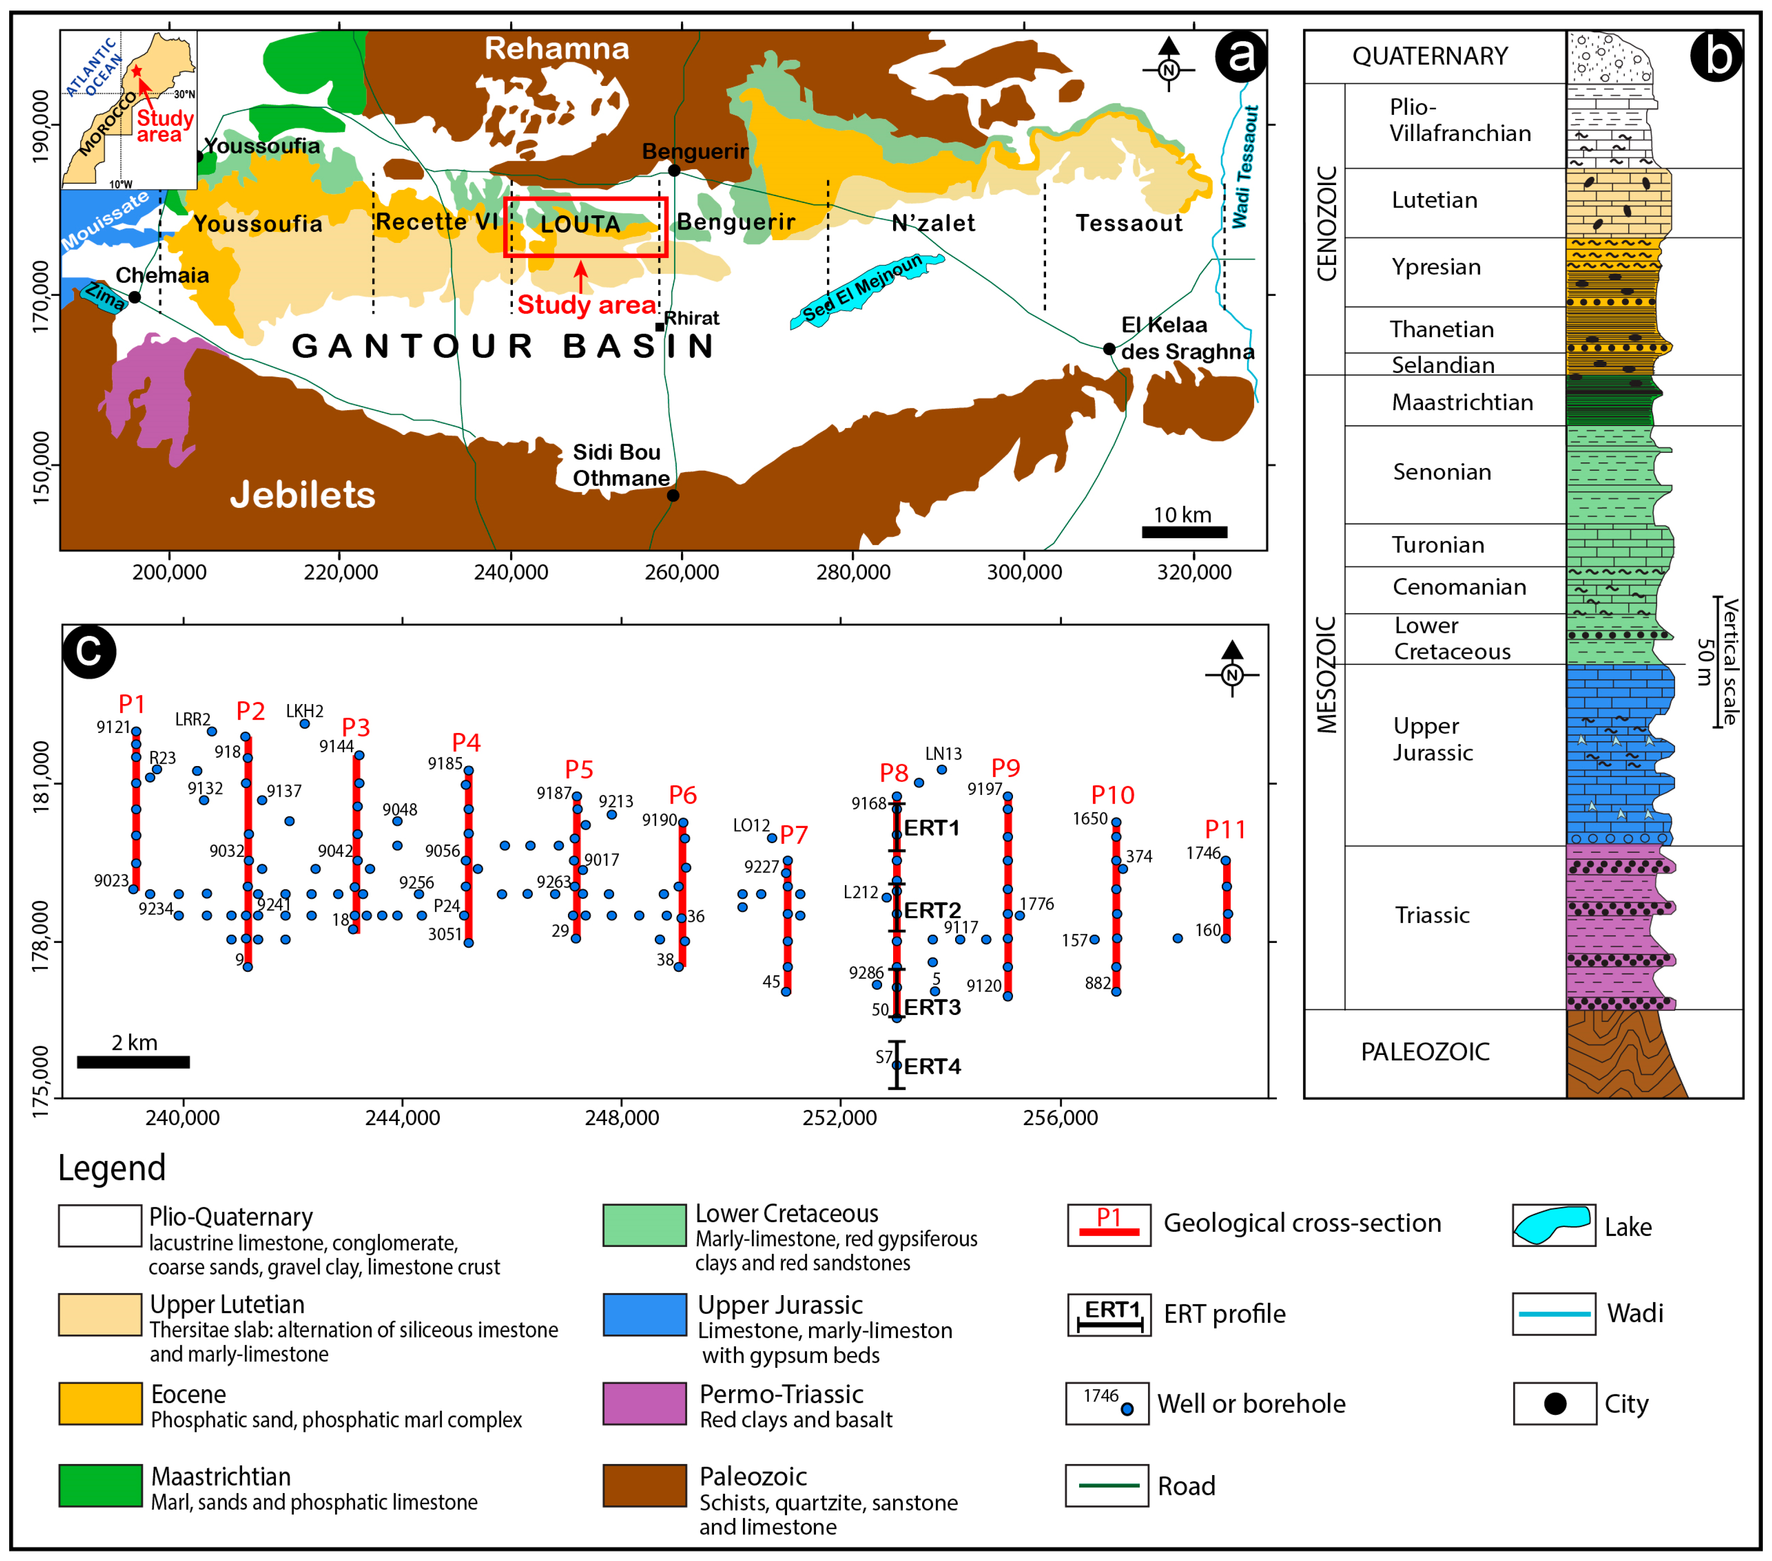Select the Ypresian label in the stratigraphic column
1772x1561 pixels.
[1435, 267]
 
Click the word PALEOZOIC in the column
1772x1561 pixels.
[1424, 1052]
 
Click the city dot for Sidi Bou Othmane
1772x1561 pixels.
[673, 495]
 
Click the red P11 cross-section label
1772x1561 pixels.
[1225, 830]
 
